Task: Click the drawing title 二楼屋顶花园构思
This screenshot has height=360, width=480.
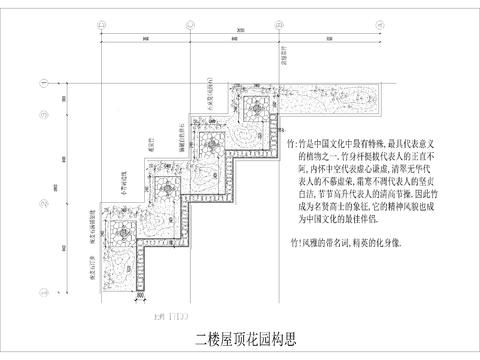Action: [x=240, y=338]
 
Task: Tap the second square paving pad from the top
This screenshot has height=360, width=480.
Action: [x=213, y=140]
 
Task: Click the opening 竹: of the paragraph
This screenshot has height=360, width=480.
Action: [x=292, y=144]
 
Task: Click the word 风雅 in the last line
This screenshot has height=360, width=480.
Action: [x=312, y=242]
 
